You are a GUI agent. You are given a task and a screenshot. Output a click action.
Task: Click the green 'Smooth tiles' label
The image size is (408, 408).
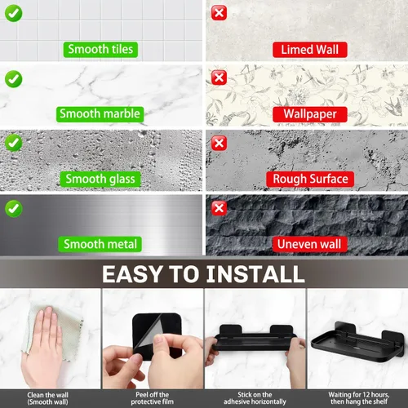click(x=100, y=50)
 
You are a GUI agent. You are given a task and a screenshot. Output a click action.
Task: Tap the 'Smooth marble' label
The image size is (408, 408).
click(x=100, y=114)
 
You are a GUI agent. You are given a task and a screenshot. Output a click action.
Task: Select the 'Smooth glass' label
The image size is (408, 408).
click(x=100, y=179)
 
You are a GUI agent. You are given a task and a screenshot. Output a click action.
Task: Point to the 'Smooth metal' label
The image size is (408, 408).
click(x=100, y=244)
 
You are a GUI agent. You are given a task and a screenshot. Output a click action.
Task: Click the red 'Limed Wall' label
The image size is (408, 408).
click(x=310, y=50)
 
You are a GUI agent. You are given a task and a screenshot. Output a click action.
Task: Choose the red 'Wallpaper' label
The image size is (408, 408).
click(x=310, y=114)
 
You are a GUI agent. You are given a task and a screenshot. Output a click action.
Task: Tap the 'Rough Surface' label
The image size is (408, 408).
click(x=310, y=179)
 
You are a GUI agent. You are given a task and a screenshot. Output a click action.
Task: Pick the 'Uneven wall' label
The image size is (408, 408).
click(x=310, y=244)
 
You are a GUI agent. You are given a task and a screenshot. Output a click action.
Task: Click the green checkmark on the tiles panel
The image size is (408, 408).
click(x=13, y=13)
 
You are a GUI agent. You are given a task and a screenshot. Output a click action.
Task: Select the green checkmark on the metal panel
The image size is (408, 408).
click(x=13, y=209)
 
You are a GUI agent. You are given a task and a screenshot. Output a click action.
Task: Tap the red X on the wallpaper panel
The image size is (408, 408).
click(x=219, y=78)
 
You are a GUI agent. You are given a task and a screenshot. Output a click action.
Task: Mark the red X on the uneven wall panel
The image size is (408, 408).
click(x=219, y=208)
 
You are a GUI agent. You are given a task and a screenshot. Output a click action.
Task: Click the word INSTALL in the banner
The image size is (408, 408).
click(x=255, y=274)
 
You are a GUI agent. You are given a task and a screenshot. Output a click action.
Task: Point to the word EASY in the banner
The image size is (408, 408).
click(x=132, y=274)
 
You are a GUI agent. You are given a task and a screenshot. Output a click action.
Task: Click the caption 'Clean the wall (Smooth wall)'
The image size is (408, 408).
click(x=47, y=398)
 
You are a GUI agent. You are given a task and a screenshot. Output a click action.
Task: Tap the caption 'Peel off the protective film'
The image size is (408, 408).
click(x=152, y=398)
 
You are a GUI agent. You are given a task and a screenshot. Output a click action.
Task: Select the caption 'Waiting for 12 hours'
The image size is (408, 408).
click(x=359, y=395)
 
